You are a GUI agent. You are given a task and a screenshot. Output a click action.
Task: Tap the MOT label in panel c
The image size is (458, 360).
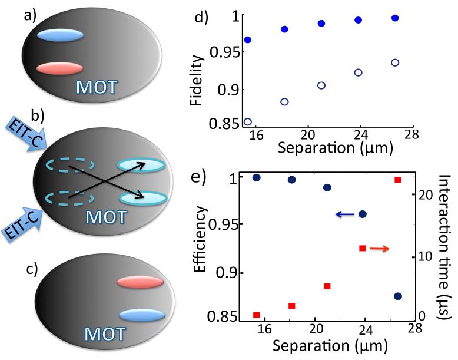pyautogui.click(x=104, y=334)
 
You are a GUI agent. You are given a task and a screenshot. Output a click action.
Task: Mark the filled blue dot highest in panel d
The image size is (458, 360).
pyautogui.click(x=395, y=18)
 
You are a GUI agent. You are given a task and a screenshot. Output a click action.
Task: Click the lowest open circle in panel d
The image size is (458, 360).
pyautogui.click(x=248, y=122)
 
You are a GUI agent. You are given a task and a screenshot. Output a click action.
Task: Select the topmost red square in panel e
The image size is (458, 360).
pyautogui.click(x=397, y=180)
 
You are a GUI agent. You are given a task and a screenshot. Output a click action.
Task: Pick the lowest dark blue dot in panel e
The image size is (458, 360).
pyautogui.click(x=397, y=296)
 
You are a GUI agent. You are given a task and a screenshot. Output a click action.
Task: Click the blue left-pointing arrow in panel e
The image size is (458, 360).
pyautogui.click(x=346, y=214)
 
